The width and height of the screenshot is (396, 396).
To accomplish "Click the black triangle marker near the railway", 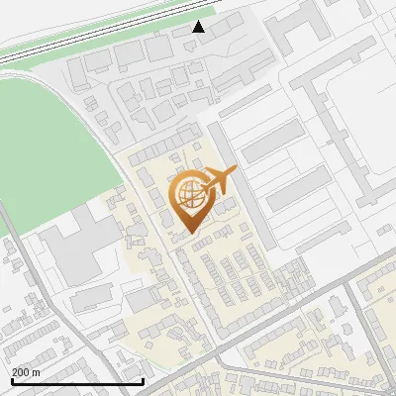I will (x=199, y=28).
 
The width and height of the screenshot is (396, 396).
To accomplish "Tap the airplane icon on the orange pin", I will (x=219, y=181).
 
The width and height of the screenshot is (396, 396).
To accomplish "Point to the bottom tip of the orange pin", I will (x=187, y=235).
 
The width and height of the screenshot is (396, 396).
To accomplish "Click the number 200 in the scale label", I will (x=20, y=372).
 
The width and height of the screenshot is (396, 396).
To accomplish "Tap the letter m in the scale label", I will (x=36, y=372).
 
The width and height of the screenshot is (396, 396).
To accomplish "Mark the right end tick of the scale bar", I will (x=144, y=379).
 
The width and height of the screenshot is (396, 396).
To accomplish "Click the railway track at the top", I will (x=99, y=35).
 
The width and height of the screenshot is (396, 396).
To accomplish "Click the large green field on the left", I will (x=49, y=148).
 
